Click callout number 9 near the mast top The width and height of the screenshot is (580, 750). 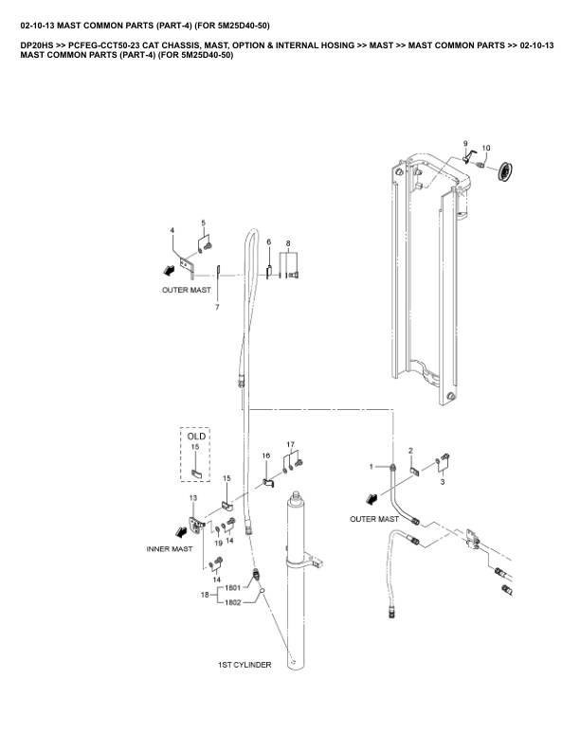tap(465, 143)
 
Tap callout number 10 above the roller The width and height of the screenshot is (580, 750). tap(486, 148)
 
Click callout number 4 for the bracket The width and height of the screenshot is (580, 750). tap(172, 230)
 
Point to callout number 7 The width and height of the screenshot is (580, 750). tap(204, 223)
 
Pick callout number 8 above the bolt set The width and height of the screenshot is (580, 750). tap(269, 242)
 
